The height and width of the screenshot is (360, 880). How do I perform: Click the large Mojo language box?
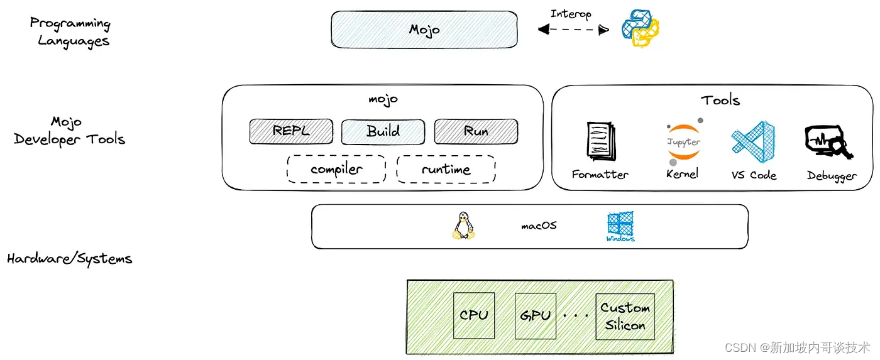pyautogui.click(x=424, y=30)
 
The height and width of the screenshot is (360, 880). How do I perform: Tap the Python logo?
pyautogui.click(x=641, y=28)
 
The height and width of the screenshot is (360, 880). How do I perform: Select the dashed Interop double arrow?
pyautogui.click(x=573, y=30)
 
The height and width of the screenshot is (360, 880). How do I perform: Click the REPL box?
pyautogui.click(x=291, y=131)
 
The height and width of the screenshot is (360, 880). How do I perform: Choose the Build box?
pyautogui.click(x=383, y=131)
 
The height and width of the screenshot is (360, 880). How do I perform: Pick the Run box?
pyautogui.click(x=476, y=131)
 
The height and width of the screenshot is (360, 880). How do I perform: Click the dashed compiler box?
pyautogui.click(x=336, y=169)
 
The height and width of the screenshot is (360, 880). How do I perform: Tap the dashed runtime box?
pyautogui.click(x=446, y=169)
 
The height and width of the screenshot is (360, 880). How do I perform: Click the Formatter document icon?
pyautogui.click(x=601, y=141)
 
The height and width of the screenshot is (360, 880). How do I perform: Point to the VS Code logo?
pyautogui.click(x=753, y=142)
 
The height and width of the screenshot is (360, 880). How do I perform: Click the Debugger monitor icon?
pyautogui.click(x=828, y=142)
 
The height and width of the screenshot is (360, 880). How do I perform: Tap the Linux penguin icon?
pyautogui.click(x=464, y=226)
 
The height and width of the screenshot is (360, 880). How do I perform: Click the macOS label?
pyautogui.click(x=539, y=226)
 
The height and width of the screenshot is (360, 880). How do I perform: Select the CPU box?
pyautogui.click(x=474, y=315)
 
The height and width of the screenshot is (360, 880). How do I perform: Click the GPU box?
pyautogui.click(x=536, y=315)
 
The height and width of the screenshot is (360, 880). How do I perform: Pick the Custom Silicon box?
pyautogui.click(x=625, y=317)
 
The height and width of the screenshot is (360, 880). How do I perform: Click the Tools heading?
pyautogui.click(x=720, y=101)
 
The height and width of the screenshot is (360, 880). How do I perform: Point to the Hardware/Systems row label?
pyautogui.click(x=70, y=259)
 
